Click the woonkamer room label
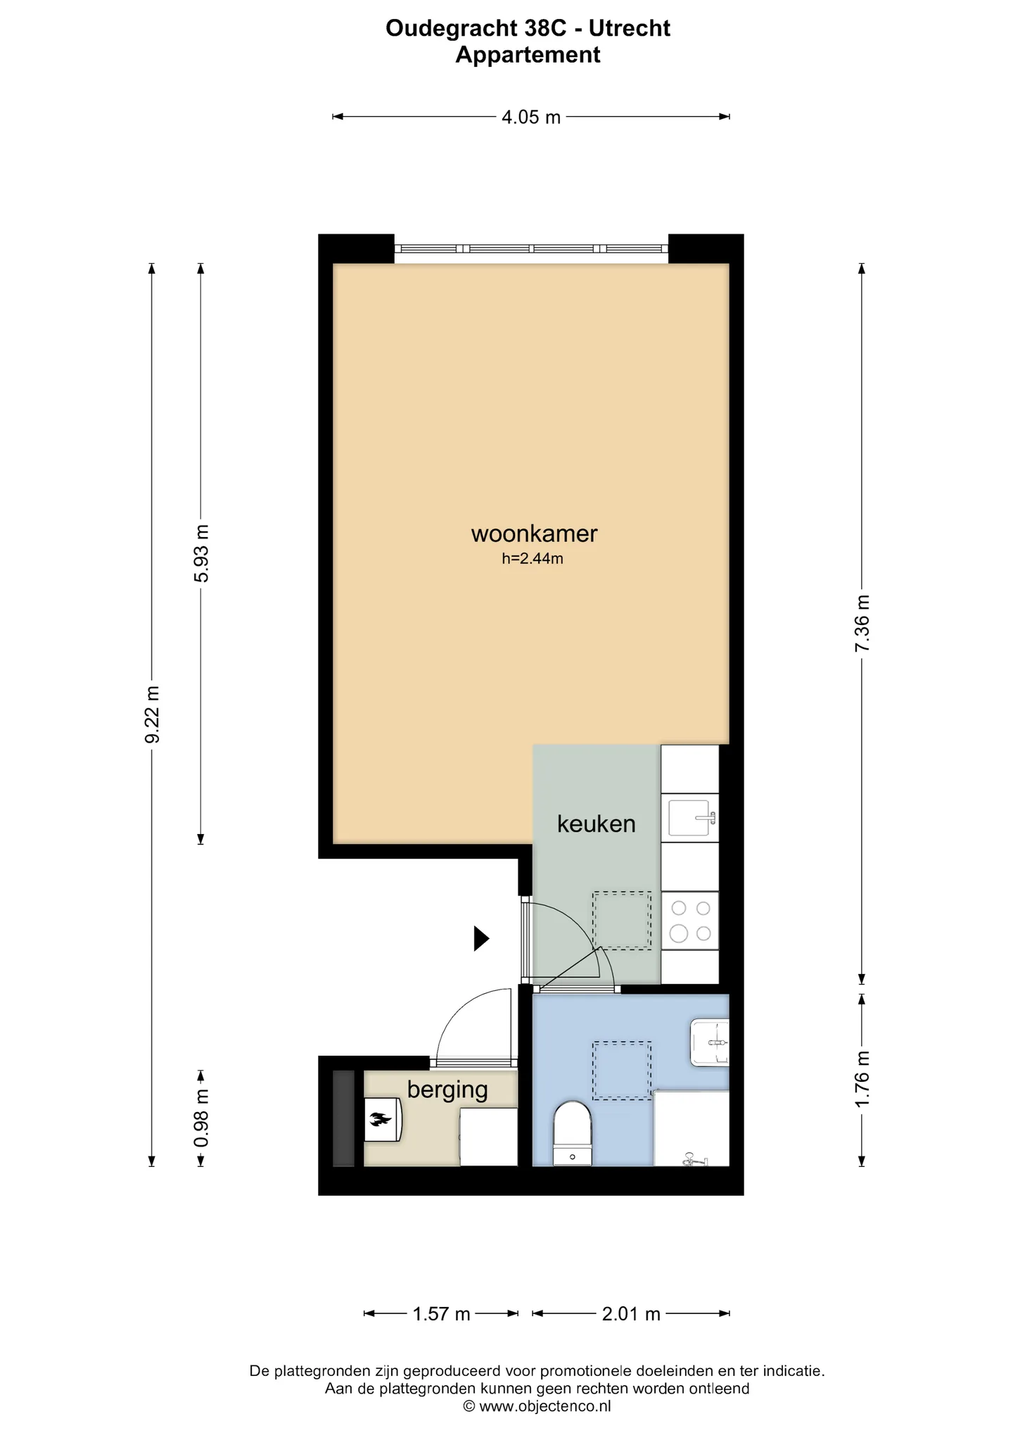534,534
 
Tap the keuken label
596,823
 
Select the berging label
447,1090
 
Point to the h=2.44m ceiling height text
533,559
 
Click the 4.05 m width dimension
531,117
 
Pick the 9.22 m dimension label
152,714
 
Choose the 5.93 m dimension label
201,553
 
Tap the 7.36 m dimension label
862,624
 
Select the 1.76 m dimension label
862,1079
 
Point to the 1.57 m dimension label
441,1314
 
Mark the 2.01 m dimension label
631,1314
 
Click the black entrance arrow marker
481,938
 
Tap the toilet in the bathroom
572,1133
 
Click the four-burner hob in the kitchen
690,921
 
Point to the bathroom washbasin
710,1042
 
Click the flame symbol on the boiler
380,1118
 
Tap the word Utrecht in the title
630,28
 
